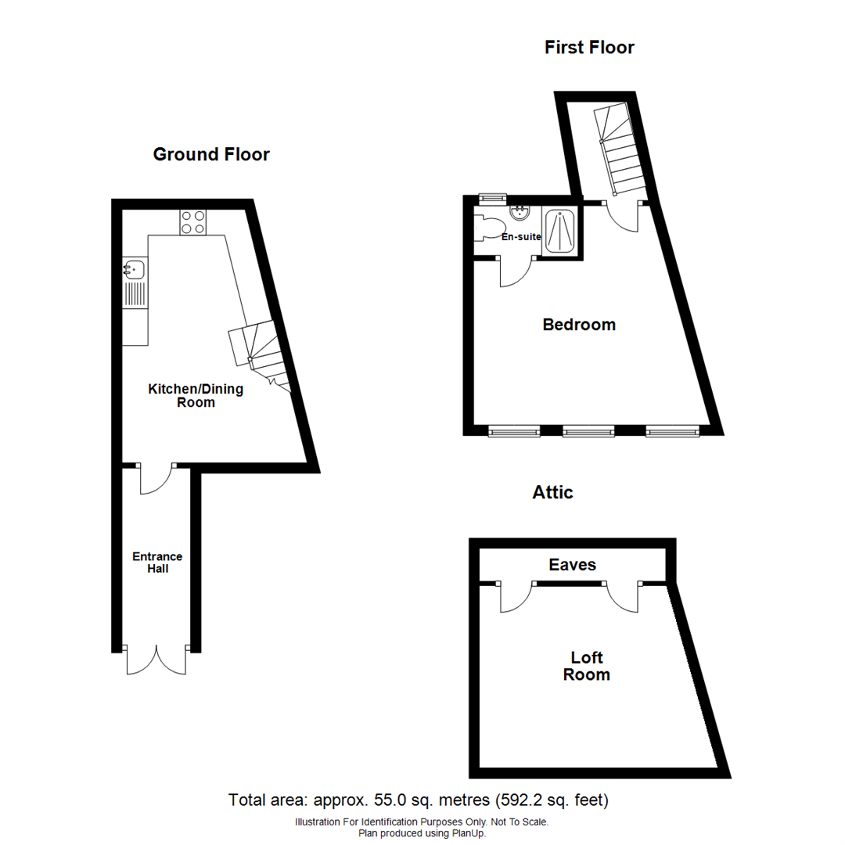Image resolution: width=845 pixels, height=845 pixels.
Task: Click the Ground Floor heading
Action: pos(211,154)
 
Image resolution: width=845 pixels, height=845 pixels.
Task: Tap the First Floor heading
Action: pos(589,48)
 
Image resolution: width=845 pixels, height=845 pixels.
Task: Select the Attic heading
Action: pos(552,492)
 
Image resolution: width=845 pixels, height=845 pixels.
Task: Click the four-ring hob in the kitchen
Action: pos(193,222)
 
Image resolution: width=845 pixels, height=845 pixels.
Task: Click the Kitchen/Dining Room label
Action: pos(196,396)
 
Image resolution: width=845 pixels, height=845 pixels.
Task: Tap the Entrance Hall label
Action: pos(156,563)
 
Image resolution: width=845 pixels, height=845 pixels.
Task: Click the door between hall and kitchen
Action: pos(156,479)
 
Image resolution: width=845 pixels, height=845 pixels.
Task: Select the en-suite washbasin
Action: pos(520,212)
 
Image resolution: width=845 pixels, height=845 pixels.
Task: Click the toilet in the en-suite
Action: pos(488,228)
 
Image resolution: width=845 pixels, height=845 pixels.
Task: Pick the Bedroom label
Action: pos(579,324)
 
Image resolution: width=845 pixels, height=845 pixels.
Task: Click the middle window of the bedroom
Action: pos(588,430)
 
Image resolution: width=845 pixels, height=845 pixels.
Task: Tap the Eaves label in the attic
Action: pos(573,564)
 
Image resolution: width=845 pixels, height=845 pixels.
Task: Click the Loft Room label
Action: pos(586,666)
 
